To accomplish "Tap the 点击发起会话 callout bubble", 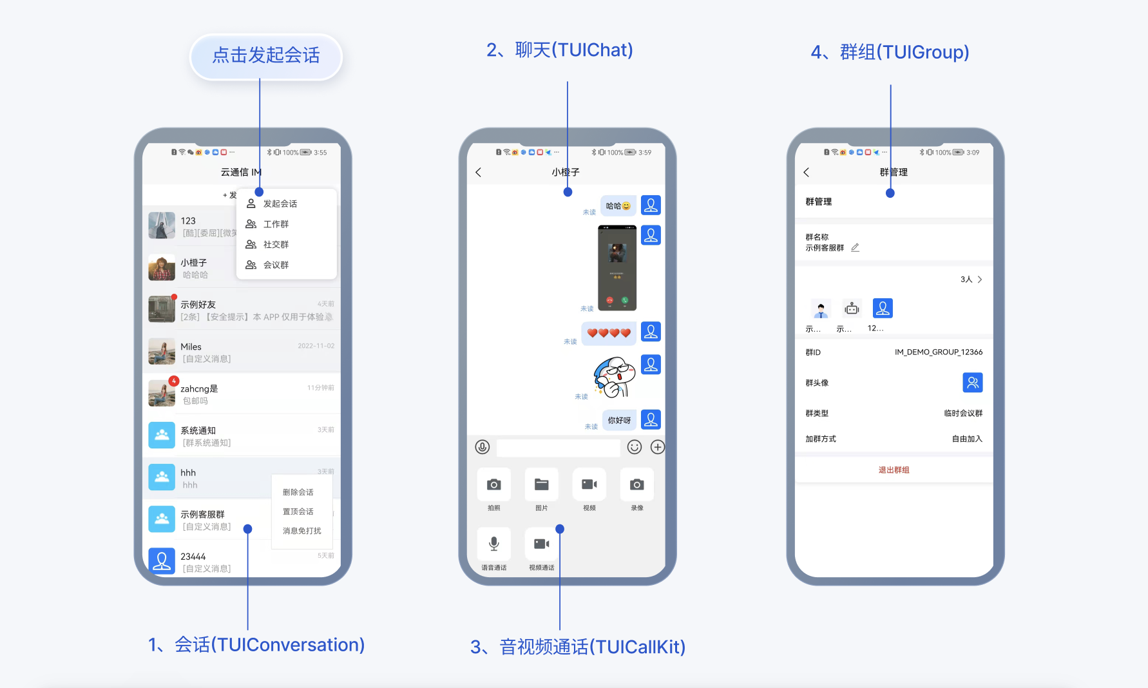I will [266, 56].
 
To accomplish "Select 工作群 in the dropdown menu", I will [276, 224].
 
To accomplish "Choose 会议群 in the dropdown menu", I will [276, 265].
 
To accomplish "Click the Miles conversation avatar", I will [162, 352].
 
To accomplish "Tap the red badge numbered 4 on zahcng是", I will [173, 381].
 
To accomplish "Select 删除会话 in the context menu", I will [298, 492].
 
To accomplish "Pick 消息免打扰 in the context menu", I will [301, 531].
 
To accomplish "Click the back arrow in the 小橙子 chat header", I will [479, 172].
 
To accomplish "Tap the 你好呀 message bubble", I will [619, 420].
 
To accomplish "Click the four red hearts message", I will [609, 333].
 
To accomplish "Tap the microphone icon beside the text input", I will [483, 447].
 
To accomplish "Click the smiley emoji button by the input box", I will [635, 447].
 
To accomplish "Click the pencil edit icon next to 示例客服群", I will [855, 247].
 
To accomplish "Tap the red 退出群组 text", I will [894, 470].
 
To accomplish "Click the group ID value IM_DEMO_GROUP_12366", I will [938, 352].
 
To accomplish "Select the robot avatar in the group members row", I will [852, 309].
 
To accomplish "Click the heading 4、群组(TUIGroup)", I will [890, 52].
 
